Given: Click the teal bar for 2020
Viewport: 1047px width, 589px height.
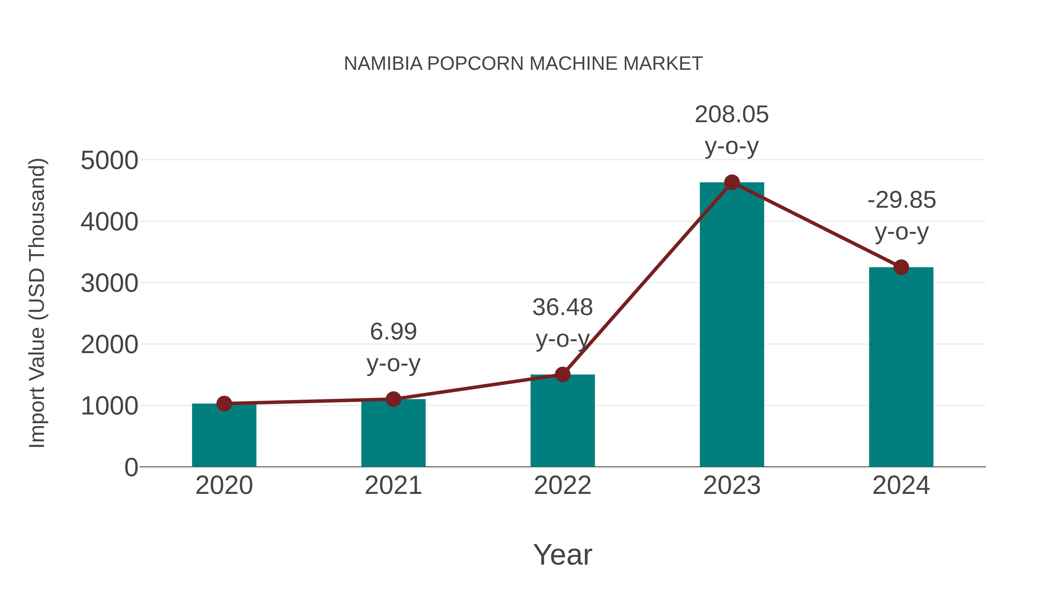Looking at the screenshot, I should [x=224, y=437].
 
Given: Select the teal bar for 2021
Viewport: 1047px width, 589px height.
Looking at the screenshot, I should [x=393, y=435].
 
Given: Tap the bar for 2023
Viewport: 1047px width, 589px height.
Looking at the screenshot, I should [x=732, y=325].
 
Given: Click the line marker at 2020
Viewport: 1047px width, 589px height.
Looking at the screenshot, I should [x=224, y=404].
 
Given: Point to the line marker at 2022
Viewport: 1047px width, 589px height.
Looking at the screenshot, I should [x=562, y=374].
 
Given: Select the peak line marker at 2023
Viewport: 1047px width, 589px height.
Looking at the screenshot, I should [x=732, y=182].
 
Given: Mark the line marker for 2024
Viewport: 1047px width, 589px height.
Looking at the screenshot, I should [x=901, y=268].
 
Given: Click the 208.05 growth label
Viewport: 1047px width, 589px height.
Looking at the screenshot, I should [x=732, y=115].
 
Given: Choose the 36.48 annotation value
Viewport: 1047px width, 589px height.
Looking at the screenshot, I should [x=562, y=307].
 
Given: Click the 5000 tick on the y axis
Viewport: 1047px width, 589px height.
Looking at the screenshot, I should [x=109, y=161].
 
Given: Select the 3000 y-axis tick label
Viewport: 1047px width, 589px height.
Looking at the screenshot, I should [x=109, y=283].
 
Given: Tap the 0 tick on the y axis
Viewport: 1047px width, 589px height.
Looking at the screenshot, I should [x=131, y=467].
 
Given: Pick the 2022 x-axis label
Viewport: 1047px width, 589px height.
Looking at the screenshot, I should [x=562, y=485].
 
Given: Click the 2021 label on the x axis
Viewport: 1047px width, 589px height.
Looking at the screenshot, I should [x=393, y=485].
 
